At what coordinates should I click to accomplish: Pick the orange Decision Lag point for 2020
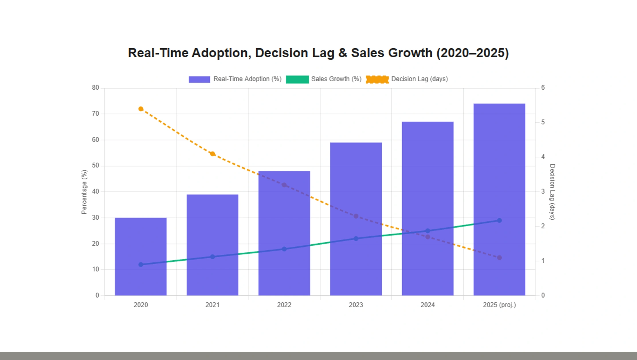point(141,109)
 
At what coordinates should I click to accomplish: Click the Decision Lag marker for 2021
point(212,154)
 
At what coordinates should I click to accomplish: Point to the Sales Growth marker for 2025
point(499,220)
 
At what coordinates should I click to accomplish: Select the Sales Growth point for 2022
point(284,249)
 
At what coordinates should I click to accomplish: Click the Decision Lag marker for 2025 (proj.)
point(499,258)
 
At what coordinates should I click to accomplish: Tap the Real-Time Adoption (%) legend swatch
point(199,79)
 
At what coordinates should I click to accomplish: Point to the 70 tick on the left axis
point(95,114)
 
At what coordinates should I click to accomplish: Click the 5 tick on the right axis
point(543,122)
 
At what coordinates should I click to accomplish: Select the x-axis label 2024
point(427,305)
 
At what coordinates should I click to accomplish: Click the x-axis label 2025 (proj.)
point(499,305)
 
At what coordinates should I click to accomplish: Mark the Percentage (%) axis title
point(84,192)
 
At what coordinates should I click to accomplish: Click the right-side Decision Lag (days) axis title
point(552,192)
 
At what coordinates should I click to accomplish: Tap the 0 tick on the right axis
point(543,295)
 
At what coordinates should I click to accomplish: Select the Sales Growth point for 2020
point(141,265)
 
